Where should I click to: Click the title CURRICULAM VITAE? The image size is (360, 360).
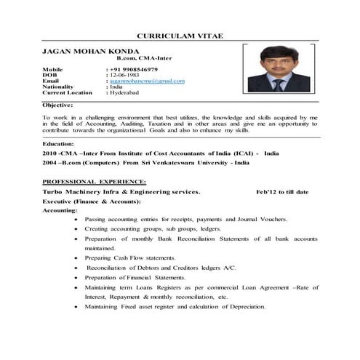point(180,36)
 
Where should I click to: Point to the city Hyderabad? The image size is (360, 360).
point(126,93)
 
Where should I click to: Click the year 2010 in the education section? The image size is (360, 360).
point(50,154)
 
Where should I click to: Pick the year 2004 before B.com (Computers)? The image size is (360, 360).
point(50,164)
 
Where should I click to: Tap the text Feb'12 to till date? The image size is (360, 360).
point(283,191)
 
